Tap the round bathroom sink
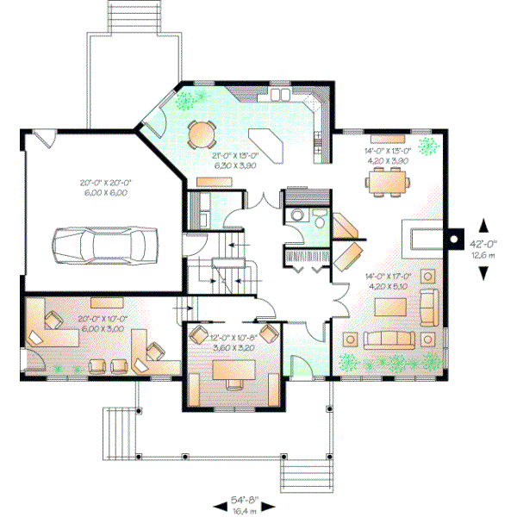[296, 215]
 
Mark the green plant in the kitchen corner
[184, 100]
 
